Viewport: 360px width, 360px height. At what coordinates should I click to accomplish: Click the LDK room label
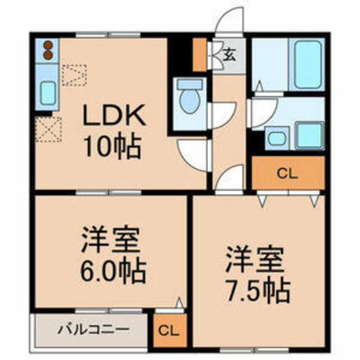point(114,115)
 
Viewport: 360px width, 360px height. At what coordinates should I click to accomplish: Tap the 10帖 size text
point(112,147)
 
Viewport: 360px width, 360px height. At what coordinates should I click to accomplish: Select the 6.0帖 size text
point(112,272)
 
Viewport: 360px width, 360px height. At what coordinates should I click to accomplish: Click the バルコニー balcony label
point(93,330)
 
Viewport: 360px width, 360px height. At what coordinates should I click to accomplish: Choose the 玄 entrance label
point(229,55)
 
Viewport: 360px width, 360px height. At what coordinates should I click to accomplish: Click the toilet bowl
point(190,96)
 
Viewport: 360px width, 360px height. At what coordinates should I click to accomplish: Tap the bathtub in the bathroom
point(308,65)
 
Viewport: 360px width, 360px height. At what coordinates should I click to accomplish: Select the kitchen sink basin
point(48,93)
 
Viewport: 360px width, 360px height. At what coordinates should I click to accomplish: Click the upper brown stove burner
point(48,45)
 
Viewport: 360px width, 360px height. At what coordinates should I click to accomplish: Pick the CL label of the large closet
point(287,174)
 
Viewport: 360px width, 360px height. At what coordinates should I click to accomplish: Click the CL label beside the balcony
point(168,331)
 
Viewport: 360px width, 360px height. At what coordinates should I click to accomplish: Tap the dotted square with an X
point(49,129)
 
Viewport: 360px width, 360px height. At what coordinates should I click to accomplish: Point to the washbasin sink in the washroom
point(277,138)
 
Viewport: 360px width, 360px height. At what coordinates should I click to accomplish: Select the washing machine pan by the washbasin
point(309,135)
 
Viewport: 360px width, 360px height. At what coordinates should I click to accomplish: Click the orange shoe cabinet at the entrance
point(200,55)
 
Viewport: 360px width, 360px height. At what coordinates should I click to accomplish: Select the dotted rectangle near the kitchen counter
point(74,75)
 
